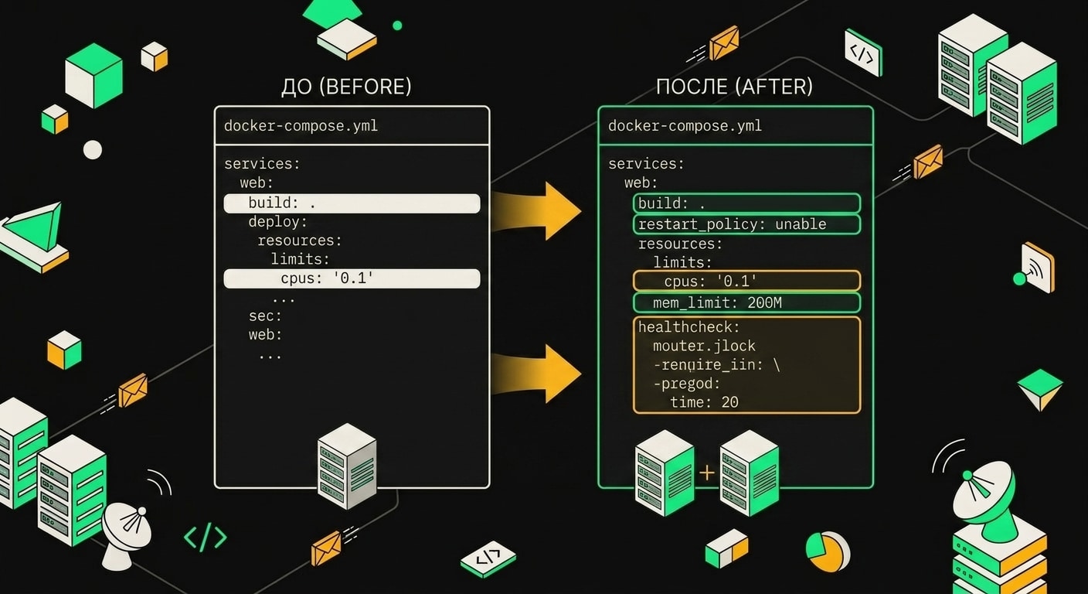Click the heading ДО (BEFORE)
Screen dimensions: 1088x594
346,87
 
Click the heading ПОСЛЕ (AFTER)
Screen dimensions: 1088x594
734,87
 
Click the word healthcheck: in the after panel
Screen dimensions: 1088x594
688,327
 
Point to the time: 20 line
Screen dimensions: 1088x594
704,402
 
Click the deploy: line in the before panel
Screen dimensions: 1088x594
278,222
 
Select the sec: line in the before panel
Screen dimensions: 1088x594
265,316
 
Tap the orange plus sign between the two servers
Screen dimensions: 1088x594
707,473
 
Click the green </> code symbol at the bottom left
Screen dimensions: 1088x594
206,537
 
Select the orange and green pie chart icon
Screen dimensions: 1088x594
828,551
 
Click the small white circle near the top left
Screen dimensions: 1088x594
93,150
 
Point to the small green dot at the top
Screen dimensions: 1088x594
397,26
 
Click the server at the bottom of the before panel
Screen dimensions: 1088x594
347,466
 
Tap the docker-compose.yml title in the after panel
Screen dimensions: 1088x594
685,126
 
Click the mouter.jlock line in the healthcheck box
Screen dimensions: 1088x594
704,346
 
